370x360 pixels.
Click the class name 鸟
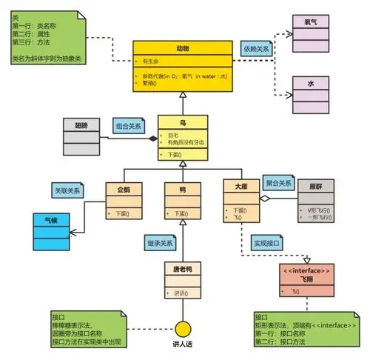182,121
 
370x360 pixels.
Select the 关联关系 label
68,190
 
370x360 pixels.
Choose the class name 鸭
182,188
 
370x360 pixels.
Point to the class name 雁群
316,188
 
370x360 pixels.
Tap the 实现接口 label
269,243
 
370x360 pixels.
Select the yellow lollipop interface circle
183,327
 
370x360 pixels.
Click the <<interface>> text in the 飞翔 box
307,272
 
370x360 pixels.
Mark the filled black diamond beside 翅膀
153,139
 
